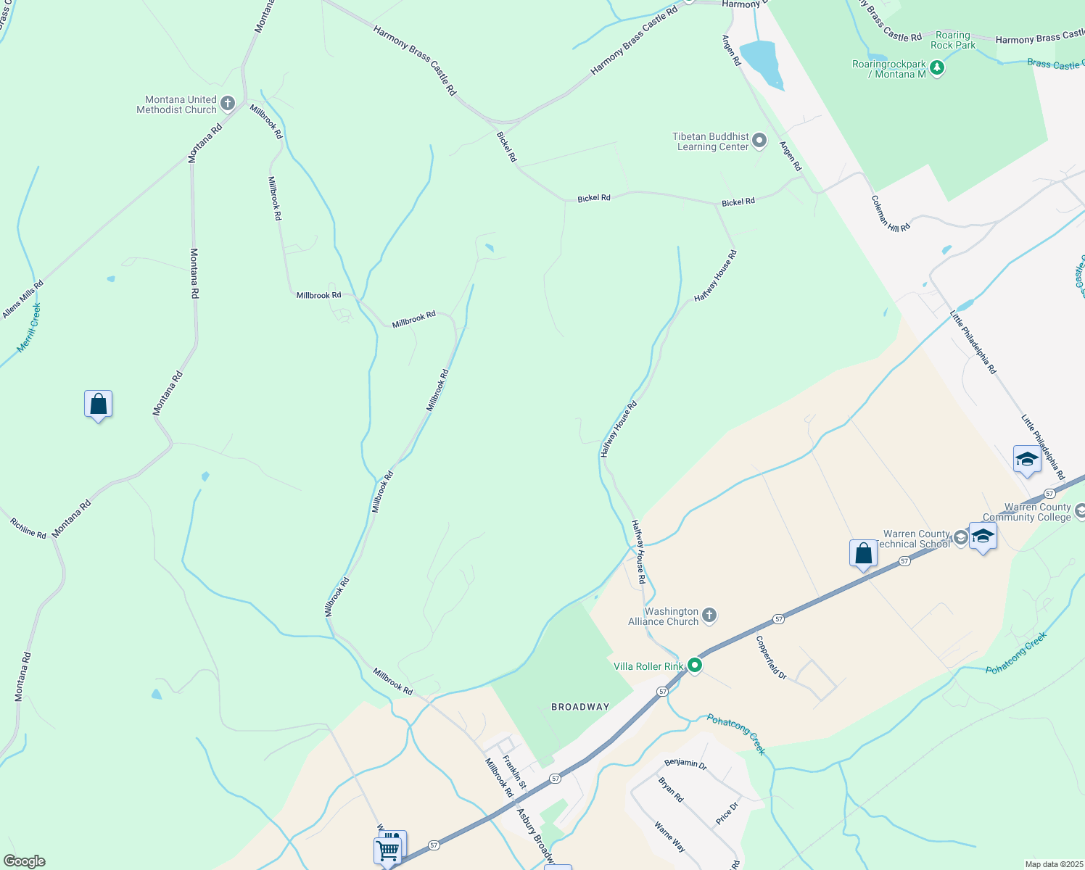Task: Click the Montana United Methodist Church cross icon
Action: point(227,104)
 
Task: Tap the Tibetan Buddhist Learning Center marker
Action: point(759,141)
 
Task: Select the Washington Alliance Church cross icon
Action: point(709,616)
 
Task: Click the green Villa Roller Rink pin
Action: point(695,666)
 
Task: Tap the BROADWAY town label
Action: point(580,707)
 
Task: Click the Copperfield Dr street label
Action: point(771,657)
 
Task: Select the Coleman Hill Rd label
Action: point(891,214)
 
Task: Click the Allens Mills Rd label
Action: point(22,299)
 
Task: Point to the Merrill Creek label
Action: point(29,328)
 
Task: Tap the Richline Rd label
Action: point(28,529)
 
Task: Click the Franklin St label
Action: point(513,774)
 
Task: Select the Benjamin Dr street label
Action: point(685,764)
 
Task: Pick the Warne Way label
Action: point(669,837)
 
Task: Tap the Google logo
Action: point(23,861)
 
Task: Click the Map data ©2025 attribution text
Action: point(1053,864)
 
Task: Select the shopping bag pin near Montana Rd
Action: point(98,405)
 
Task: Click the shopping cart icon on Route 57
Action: point(388,849)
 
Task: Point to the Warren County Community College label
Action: point(1026,513)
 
